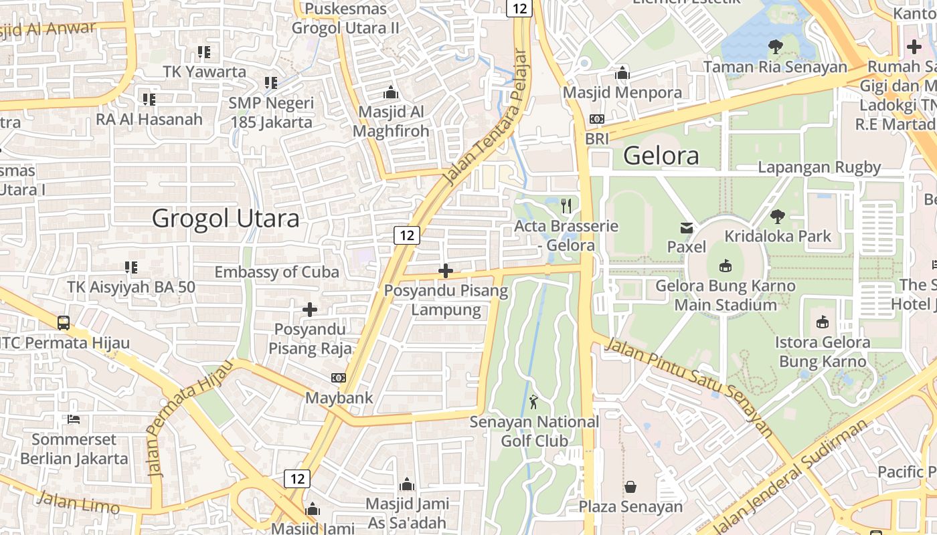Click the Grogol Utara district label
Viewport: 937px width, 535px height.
click(226, 218)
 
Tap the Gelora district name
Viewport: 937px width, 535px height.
click(661, 156)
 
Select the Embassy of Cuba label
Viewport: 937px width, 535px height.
click(276, 272)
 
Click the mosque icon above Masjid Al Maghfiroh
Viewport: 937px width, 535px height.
click(390, 92)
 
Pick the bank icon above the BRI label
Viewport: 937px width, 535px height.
click(596, 119)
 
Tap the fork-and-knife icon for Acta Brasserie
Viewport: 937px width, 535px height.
click(567, 205)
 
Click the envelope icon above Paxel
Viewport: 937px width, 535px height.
click(687, 227)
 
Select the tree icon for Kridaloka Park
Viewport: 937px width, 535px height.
click(778, 216)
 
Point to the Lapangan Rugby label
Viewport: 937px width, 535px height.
click(819, 167)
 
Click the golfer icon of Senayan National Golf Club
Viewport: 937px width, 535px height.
click(533, 402)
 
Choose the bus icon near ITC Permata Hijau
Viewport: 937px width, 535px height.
click(64, 322)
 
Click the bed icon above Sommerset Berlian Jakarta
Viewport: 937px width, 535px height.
click(74, 419)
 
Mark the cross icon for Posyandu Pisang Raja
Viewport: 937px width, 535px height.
click(310, 310)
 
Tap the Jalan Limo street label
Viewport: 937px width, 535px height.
click(78, 502)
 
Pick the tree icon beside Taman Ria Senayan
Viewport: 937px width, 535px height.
click(776, 47)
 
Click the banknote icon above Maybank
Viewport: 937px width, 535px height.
click(339, 378)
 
